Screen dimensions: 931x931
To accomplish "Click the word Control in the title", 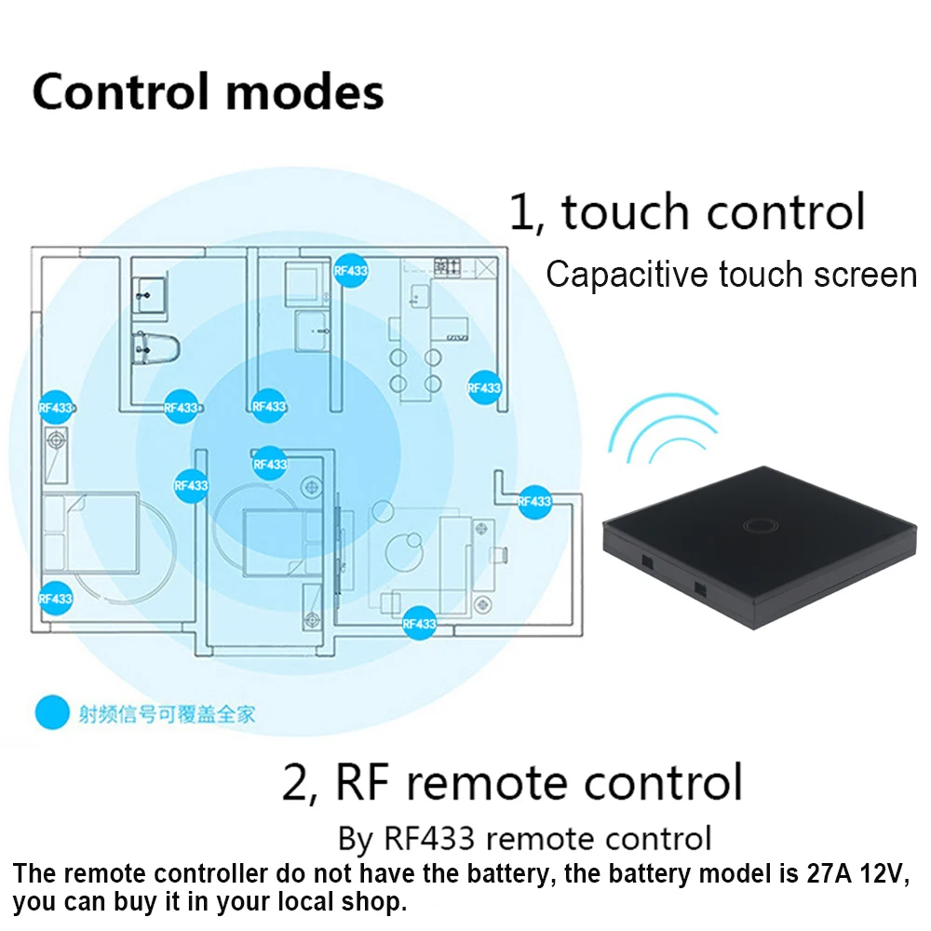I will point(121,92).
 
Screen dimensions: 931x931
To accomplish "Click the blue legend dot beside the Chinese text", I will point(52,714).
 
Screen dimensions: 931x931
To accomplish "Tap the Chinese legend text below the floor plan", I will point(167,714).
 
